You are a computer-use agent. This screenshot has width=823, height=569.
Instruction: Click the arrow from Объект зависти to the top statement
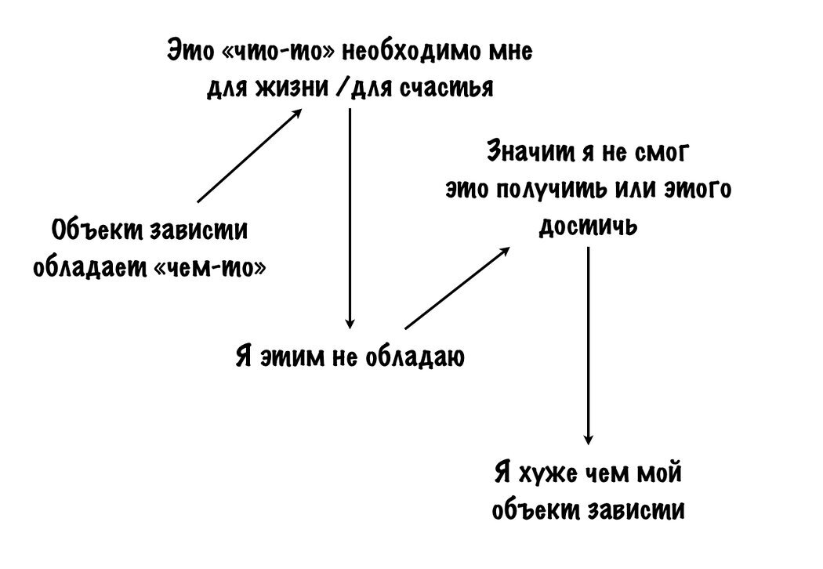(249, 155)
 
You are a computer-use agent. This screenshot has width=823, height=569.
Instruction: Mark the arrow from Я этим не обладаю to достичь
(457, 287)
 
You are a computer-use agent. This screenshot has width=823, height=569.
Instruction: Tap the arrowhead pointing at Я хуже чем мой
(589, 440)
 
